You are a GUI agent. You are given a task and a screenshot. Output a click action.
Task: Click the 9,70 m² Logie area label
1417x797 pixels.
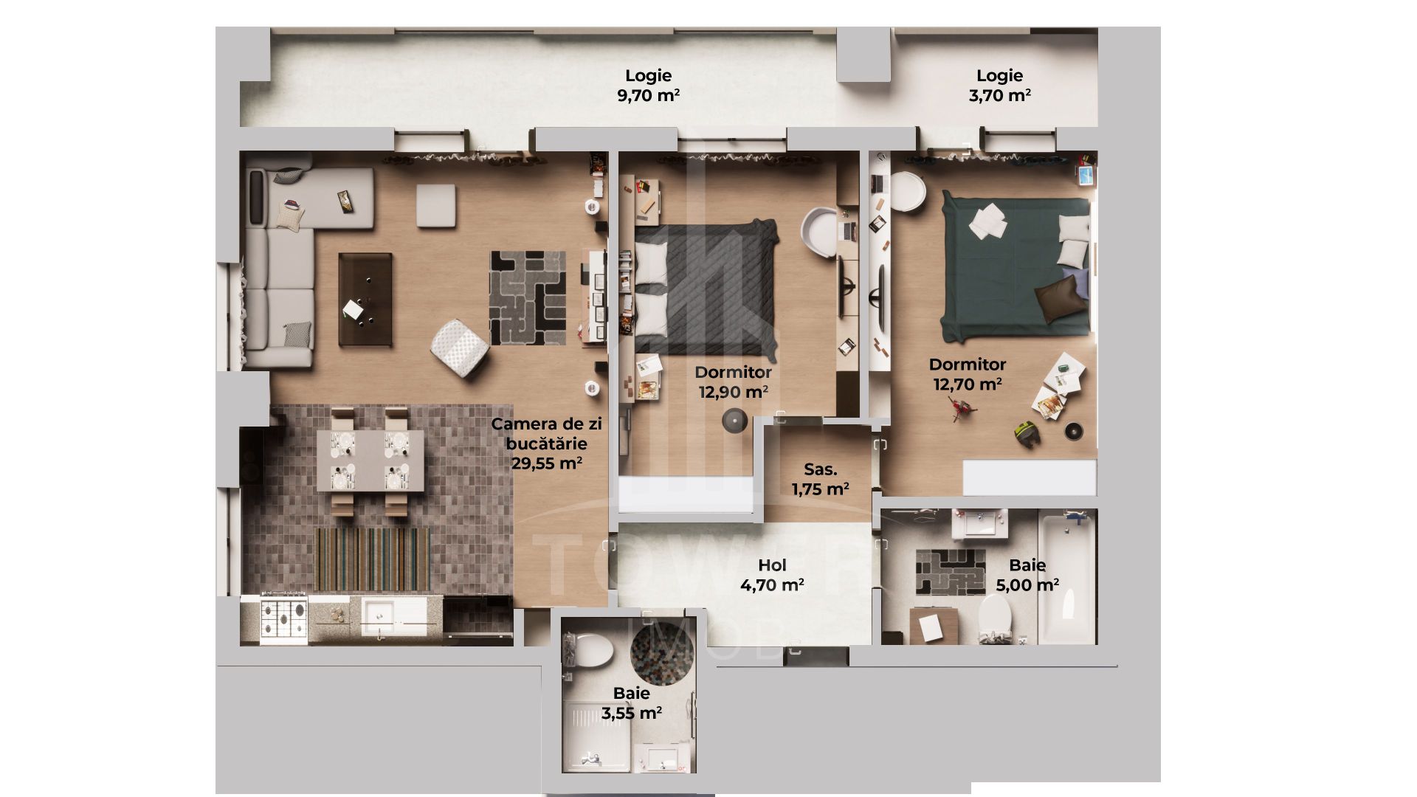point(648,86)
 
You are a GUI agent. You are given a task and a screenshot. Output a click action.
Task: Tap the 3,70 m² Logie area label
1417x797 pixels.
point(999,86)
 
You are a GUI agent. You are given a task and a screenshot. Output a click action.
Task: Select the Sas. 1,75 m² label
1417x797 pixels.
point(820,479)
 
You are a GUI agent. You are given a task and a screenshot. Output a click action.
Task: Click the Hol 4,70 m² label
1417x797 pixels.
point(772,575)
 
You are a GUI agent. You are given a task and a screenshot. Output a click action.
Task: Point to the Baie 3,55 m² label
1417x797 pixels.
point(631,703)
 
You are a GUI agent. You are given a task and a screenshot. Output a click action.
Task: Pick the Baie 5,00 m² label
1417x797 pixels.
point(1027,575)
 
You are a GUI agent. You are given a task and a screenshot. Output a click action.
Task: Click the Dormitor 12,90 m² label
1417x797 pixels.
point(733,382)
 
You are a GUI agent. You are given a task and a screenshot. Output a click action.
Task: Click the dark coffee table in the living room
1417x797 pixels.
point(365,299)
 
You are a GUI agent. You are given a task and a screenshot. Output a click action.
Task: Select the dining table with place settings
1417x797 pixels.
point(370,461)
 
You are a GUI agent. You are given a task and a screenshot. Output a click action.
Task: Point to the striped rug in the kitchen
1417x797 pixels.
point(372,559)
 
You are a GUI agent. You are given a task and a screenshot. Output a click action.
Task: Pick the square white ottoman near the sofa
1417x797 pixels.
point(435,205)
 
